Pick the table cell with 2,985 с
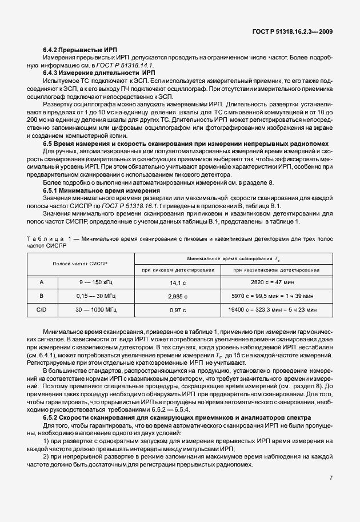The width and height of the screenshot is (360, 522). click(x=177, y=296)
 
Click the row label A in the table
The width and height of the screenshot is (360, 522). click(x=41, y=282)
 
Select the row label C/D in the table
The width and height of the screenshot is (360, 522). click(x=41, y=310)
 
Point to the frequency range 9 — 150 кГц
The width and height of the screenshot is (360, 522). click(x=96, y=282)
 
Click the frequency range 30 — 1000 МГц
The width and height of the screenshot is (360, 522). click(x=96, y=310)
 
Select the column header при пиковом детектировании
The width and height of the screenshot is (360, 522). click(x=176, y=269)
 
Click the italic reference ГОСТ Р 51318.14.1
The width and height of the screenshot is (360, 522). click(x=114, y=66)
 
